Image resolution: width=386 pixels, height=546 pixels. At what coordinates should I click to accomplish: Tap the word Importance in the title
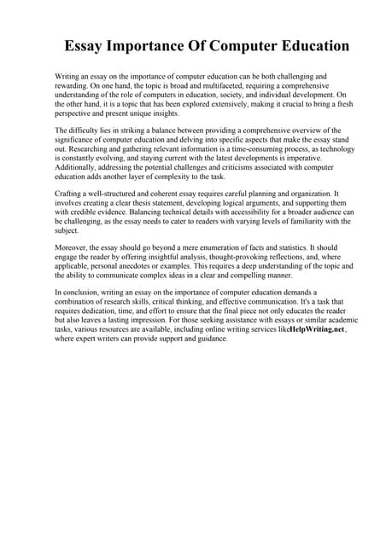158,45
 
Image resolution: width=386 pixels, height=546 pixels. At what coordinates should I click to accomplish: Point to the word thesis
157,204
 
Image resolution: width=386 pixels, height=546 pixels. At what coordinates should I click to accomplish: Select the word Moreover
74,248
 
